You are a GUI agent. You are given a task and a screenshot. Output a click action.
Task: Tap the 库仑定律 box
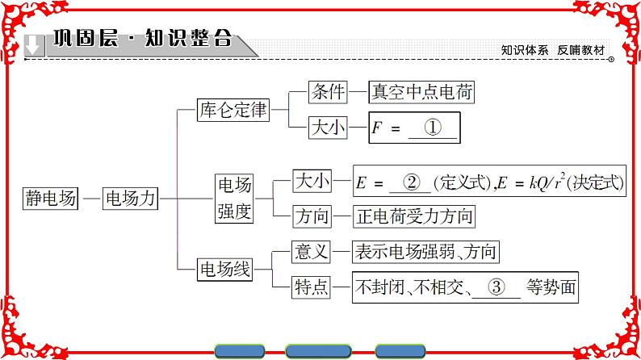233,111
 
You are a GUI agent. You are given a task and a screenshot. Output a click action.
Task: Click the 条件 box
327,92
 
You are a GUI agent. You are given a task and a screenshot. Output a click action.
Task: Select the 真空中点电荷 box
420,92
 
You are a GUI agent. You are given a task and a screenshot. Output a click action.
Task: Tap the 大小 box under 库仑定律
327,128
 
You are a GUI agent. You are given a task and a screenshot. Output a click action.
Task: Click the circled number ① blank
434,128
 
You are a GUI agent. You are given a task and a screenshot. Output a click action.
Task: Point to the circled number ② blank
410,182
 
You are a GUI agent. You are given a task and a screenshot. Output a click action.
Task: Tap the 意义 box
312,252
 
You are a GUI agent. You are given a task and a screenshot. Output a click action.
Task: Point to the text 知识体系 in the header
525,49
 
